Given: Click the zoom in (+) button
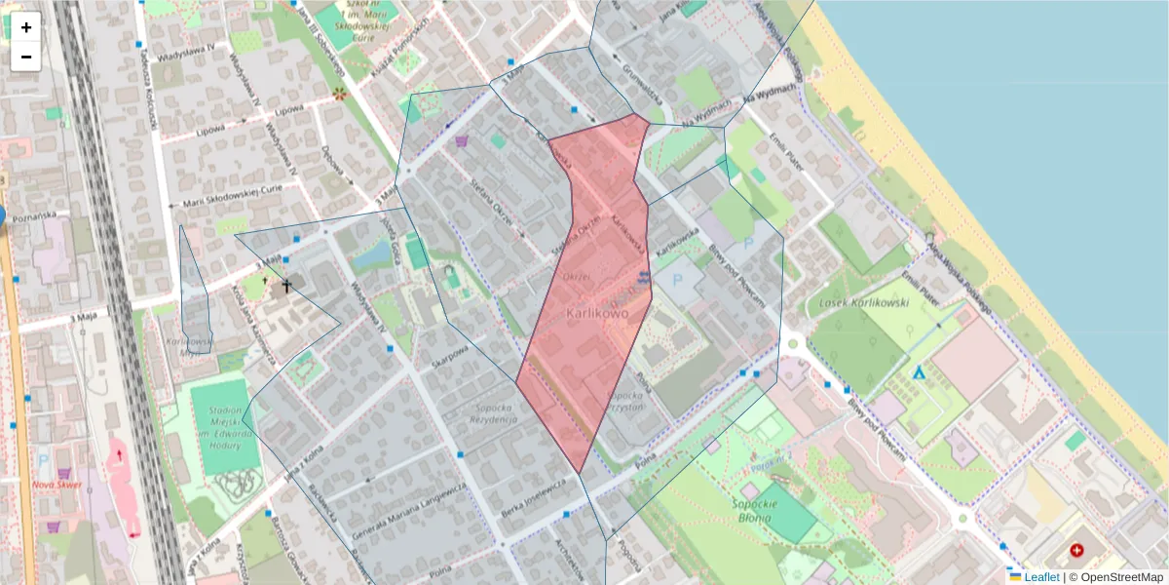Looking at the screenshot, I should pos(26,27).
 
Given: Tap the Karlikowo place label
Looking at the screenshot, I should pos(594,314).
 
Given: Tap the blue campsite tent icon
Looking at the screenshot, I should pos(918,372).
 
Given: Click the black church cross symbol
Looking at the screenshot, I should pos(286,286).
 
